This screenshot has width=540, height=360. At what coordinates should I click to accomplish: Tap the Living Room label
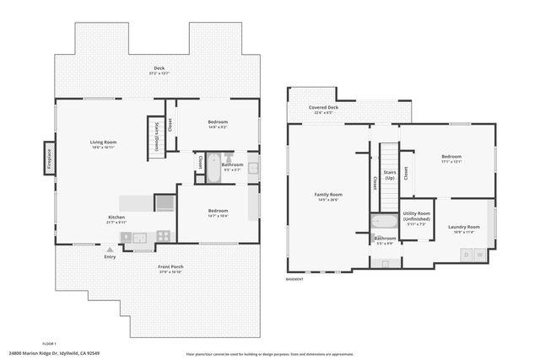104,144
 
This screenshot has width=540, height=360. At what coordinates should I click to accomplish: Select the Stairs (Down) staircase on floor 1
155,133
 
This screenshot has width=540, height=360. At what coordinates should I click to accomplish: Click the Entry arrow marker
110,250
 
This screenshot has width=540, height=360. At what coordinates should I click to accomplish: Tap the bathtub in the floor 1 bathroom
213,165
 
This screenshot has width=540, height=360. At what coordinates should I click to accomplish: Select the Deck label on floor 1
159,69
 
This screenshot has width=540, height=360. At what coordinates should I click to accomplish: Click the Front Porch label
170,267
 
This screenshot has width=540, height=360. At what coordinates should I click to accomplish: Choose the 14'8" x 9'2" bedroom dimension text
218,127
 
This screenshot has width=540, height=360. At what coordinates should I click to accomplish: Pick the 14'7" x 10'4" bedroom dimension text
218,216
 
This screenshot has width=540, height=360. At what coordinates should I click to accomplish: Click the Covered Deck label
322,108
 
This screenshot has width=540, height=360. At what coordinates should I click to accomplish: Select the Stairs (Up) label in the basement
390,175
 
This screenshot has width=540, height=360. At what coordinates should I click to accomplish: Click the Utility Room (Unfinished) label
417,218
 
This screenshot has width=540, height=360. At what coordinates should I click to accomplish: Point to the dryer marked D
465,254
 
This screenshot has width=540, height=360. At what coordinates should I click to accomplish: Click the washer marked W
480,254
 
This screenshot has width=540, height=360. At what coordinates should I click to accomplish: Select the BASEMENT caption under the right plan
294,279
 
